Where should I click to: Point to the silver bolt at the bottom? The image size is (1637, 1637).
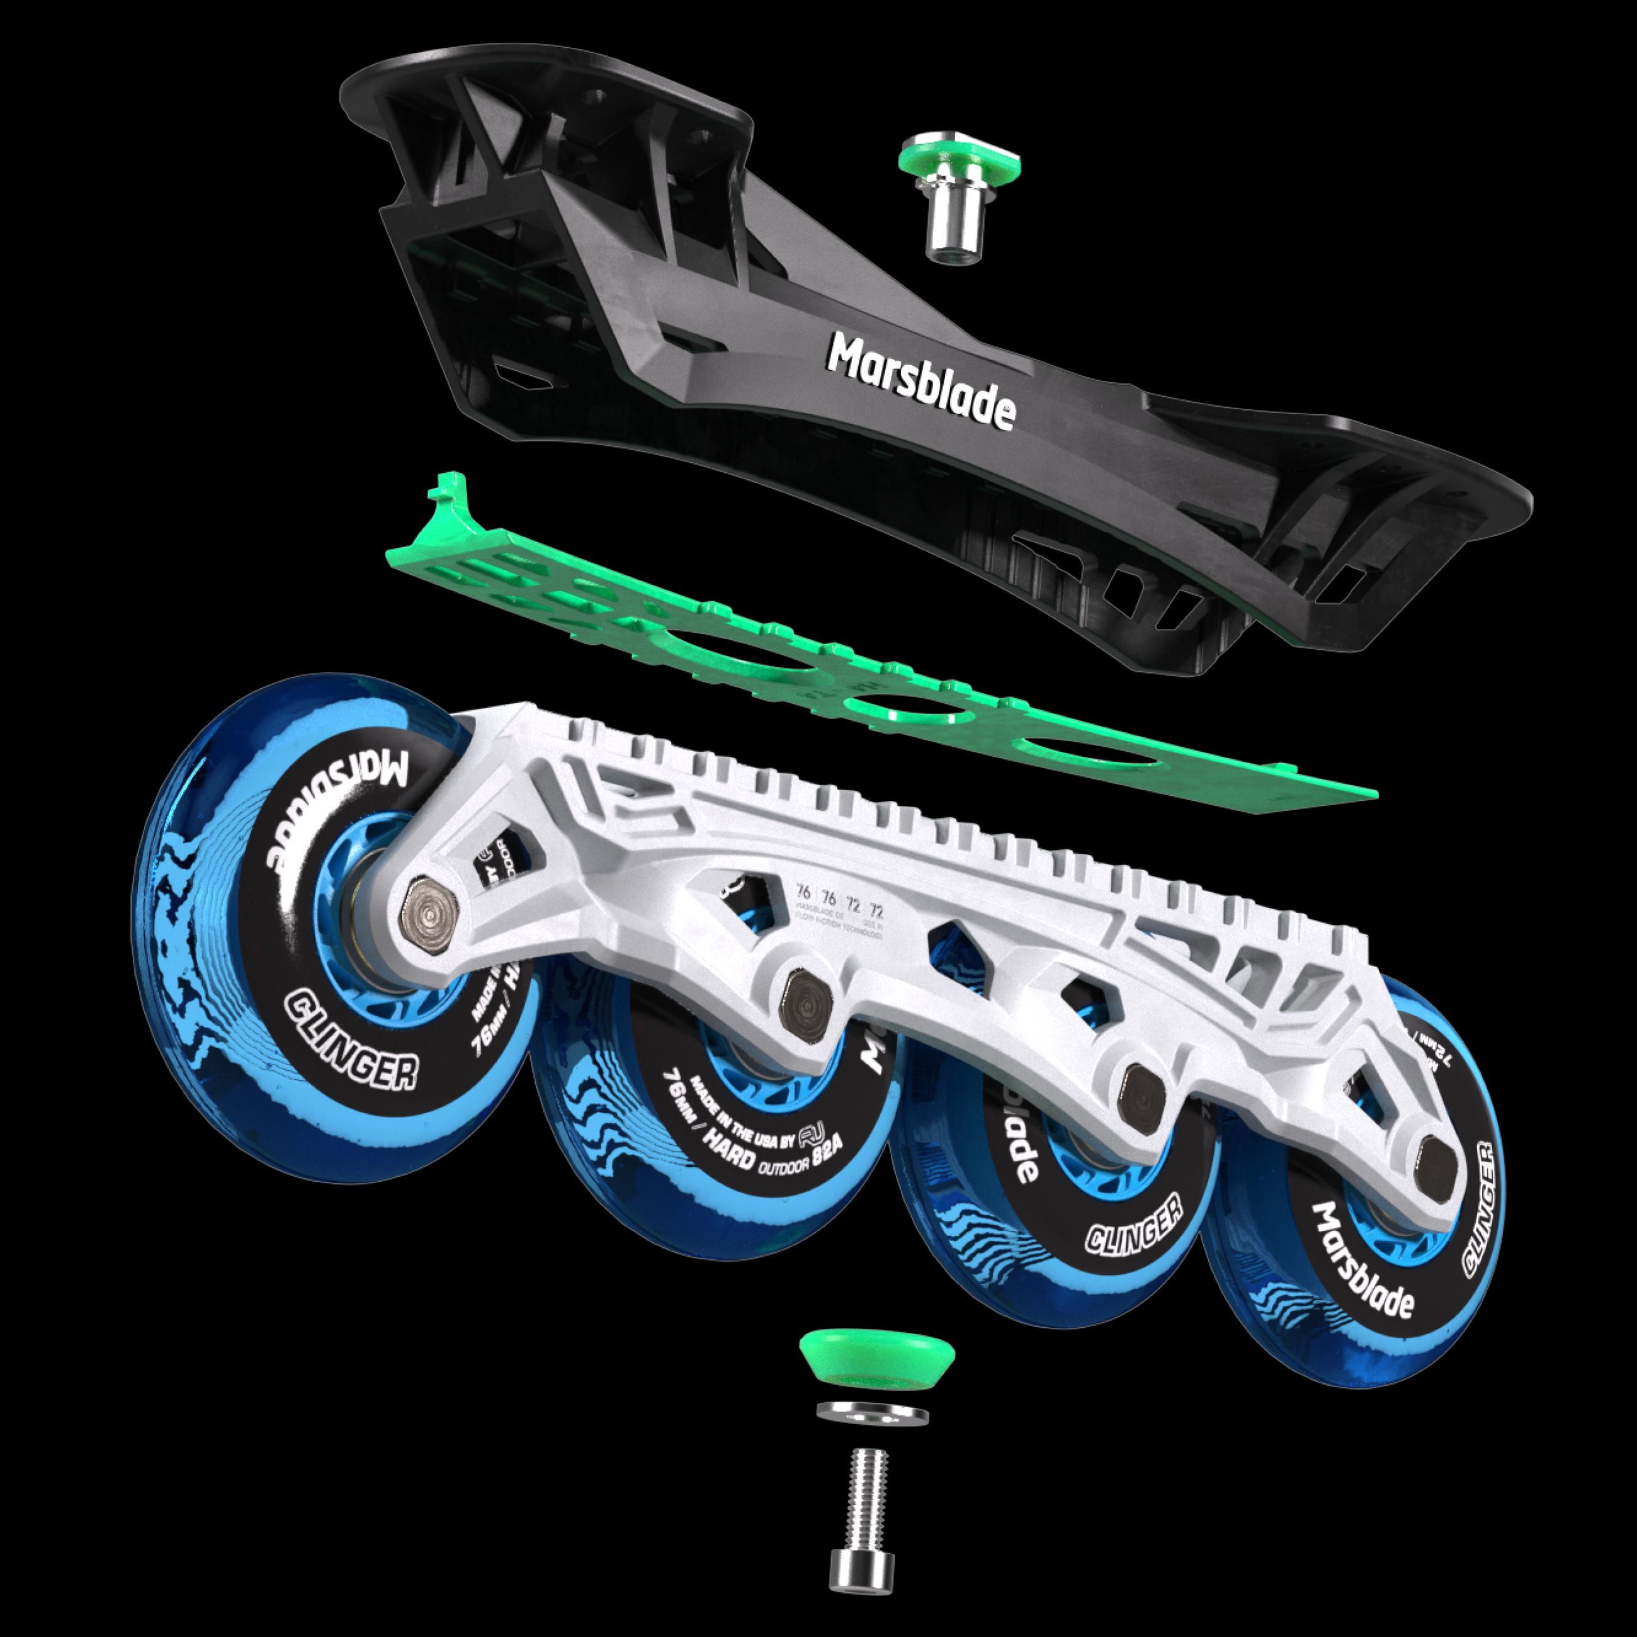click(x=861, y=1524)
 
